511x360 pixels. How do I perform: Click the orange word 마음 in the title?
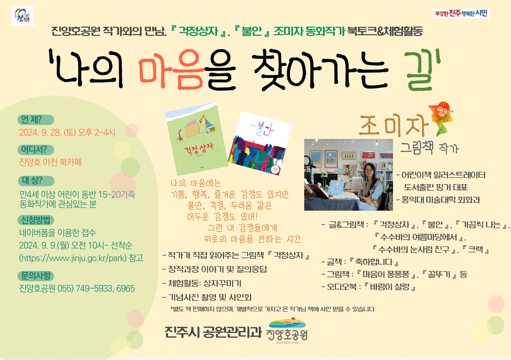(x=171, y=69)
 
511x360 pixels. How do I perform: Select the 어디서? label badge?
(x=35, y=150)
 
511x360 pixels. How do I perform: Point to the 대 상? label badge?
(x=36, y=180)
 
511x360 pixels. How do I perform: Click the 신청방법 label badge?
(x=35, y=220)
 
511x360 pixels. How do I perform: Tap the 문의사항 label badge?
(x=35, y=276)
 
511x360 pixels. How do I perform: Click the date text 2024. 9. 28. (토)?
(x=47, y=133)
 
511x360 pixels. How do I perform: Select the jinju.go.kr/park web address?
(x=73, y=258)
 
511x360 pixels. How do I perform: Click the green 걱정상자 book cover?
(x=197, y=139)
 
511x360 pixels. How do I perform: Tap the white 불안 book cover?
(x=259, y=143)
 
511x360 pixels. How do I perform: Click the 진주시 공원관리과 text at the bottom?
(x=213, y=332)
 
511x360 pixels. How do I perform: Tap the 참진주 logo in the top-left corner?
(x=22, y=15)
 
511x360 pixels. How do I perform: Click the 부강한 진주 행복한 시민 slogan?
(x=462, y=13)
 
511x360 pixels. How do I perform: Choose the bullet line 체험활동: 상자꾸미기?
(x=202, y=283)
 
